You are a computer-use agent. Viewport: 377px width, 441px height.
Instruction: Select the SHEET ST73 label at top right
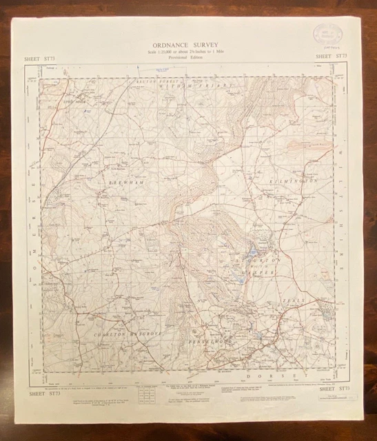tap(330, 55)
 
